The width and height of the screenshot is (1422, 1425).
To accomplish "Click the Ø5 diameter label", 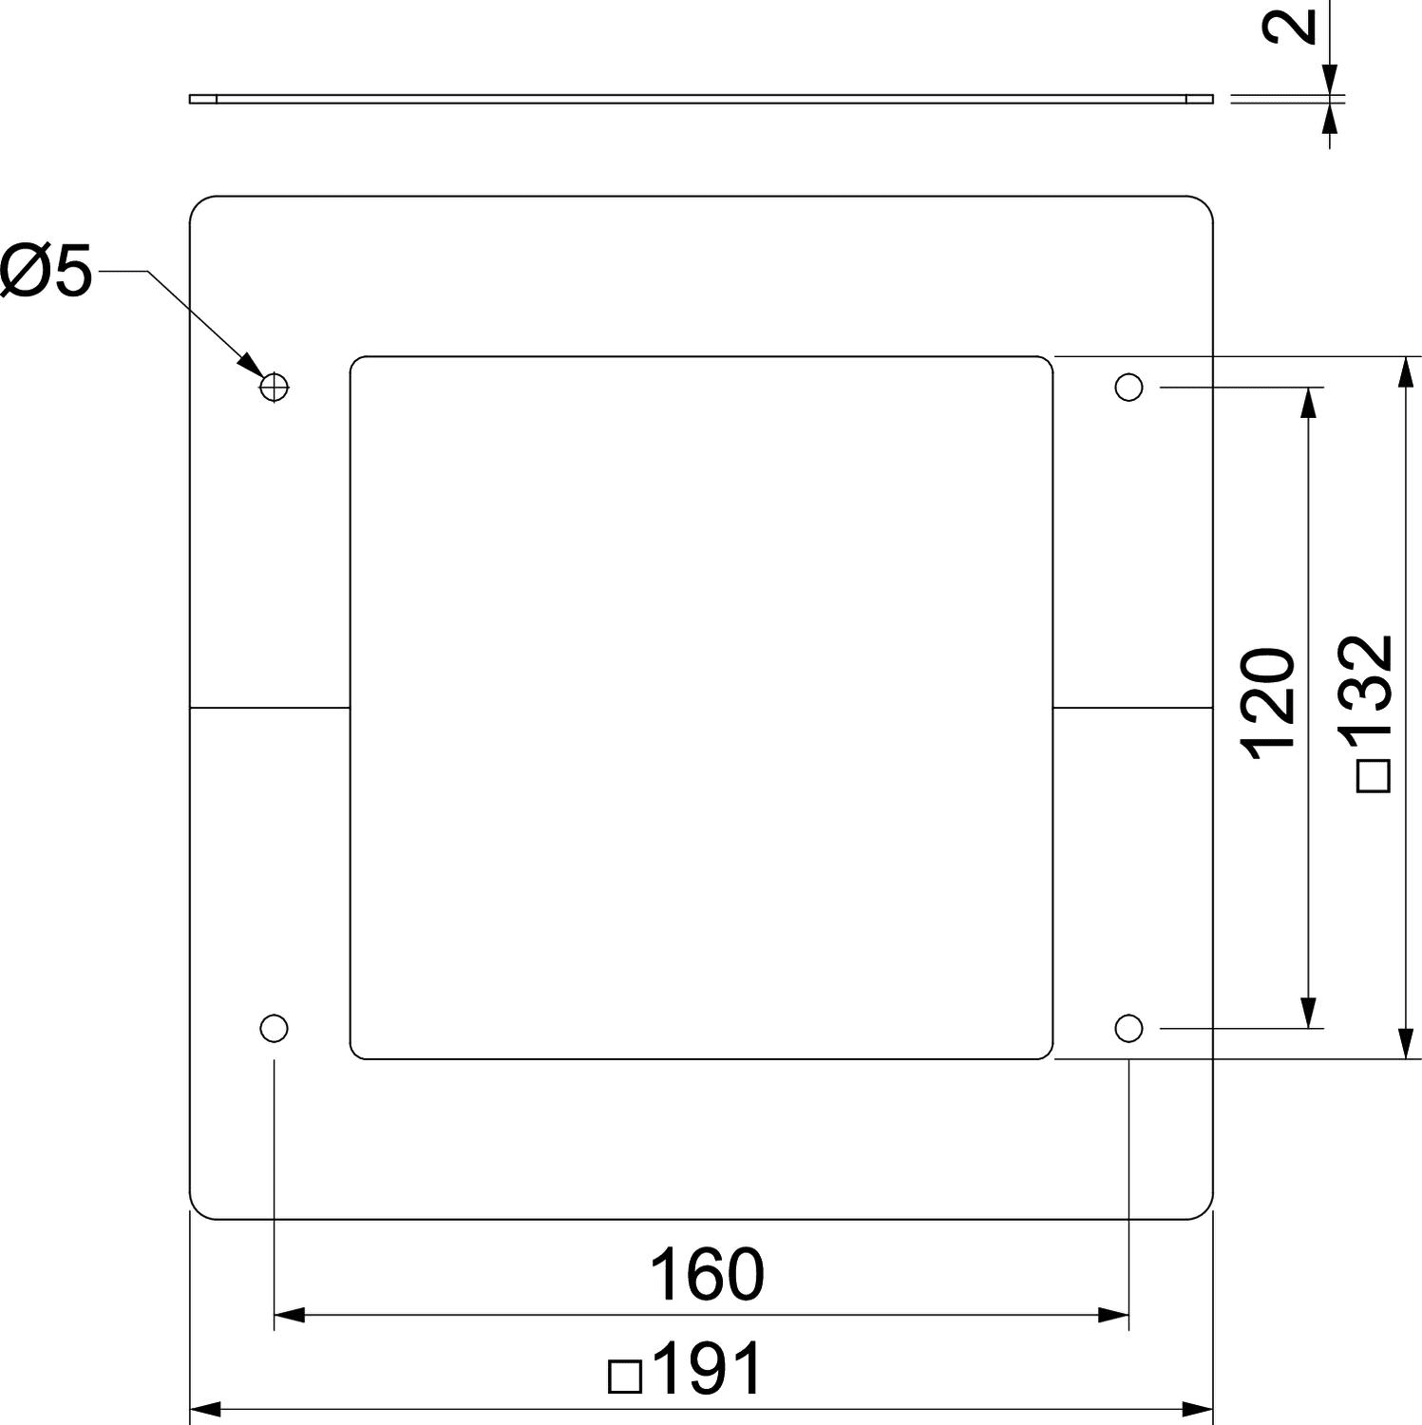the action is pyautogui.click(x=47, y=271).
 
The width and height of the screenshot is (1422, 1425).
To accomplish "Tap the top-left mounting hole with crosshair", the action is pyautogui.click(x=274, y=387).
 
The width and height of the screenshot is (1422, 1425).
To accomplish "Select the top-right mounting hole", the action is pyautogui.click(x=1128, y=387).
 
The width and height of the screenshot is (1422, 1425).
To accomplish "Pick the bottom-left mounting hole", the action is pyautogui.click(x=274, y=1028).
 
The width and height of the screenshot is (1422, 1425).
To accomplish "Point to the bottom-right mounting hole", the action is pyautogui.click(x=1128, y=1028).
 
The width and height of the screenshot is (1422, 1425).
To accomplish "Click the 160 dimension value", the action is pyautogui.click(x=706, y=1275).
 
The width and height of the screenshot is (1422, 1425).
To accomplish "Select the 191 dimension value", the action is pyautogui.click(x=708, y=1369).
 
